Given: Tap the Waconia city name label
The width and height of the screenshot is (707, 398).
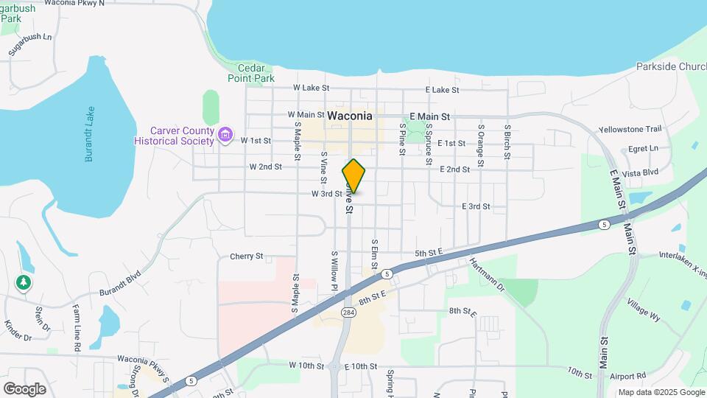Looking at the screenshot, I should (349, 116).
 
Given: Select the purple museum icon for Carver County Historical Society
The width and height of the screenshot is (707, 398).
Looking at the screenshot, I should (226, 136).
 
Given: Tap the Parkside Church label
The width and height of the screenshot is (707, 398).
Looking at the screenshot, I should (671, 67).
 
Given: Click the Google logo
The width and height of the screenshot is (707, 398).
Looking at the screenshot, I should (24, 388).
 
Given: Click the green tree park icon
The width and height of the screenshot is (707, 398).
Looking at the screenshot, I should (24, 282).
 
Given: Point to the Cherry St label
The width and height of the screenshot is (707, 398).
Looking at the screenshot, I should (247, 256).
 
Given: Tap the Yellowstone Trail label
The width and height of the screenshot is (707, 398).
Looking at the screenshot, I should (630, 129).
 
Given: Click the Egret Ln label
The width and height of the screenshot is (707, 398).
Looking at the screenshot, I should (643, 148).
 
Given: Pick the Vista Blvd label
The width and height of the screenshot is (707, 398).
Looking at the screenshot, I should (639, 172).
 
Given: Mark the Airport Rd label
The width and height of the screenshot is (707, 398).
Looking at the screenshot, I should (627, 375).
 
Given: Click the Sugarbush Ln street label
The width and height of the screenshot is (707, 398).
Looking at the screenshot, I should (31, 45).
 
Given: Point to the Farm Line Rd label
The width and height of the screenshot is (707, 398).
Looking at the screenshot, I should (77, 324).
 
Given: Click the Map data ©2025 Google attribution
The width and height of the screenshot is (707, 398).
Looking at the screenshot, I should (660, 392).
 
